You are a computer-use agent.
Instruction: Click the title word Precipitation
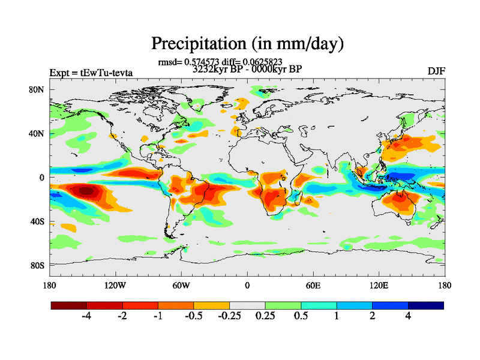click(x=197, y=43)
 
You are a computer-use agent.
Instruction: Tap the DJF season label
click(x=435, y=71)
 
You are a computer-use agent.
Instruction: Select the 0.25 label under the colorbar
click(x=265, y=316)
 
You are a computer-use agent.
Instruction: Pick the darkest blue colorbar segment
click(x=426, y=305)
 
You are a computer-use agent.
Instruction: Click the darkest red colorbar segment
click(x=68, y=305)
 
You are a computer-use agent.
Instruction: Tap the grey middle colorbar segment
click(x=247, y=305)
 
